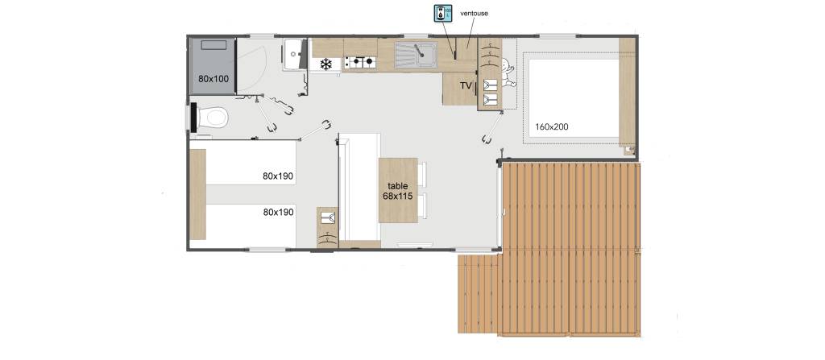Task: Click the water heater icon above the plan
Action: (443, 14)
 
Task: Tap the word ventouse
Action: (474, 13)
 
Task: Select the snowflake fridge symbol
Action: (326, 64)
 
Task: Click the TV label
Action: (466, 86)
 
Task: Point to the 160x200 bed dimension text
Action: (551, 126)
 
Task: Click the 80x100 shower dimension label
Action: (214, 79)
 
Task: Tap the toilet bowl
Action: (213, 117)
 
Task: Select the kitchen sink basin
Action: (417, 56)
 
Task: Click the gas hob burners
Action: (360, 62)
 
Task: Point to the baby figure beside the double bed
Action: (508, 72)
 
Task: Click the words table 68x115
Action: (398, 191)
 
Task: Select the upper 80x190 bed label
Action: (278, 176)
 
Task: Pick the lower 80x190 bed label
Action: (278, 212)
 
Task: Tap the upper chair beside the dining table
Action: (422, 175)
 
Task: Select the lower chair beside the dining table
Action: (422, 205)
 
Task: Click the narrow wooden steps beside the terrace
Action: (478, 294)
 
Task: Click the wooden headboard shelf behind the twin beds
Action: (198, 194)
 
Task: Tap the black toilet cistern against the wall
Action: (193, 118)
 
